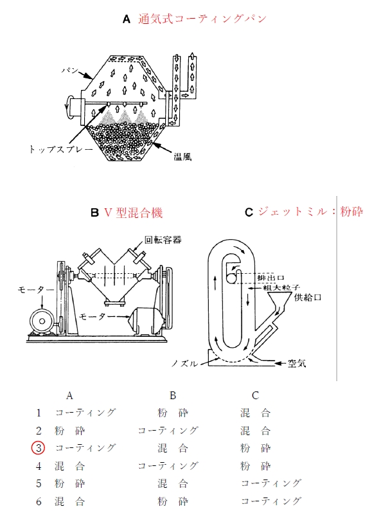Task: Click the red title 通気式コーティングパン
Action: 202,19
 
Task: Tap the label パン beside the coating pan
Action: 70,70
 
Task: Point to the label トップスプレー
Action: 61,149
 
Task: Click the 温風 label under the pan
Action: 182,157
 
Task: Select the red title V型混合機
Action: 133,213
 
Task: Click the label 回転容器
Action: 163,240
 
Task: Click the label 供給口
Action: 308,297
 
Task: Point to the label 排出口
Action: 271,278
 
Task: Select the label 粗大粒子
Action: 281,288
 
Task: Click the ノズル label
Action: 184,364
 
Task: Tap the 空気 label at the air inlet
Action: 297,363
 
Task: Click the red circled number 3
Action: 39,448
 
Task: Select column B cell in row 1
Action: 173,413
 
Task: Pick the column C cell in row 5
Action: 271,483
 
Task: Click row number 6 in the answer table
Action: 39,501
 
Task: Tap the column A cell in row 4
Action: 69,466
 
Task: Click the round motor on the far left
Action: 42,321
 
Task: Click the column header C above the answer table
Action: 255,396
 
